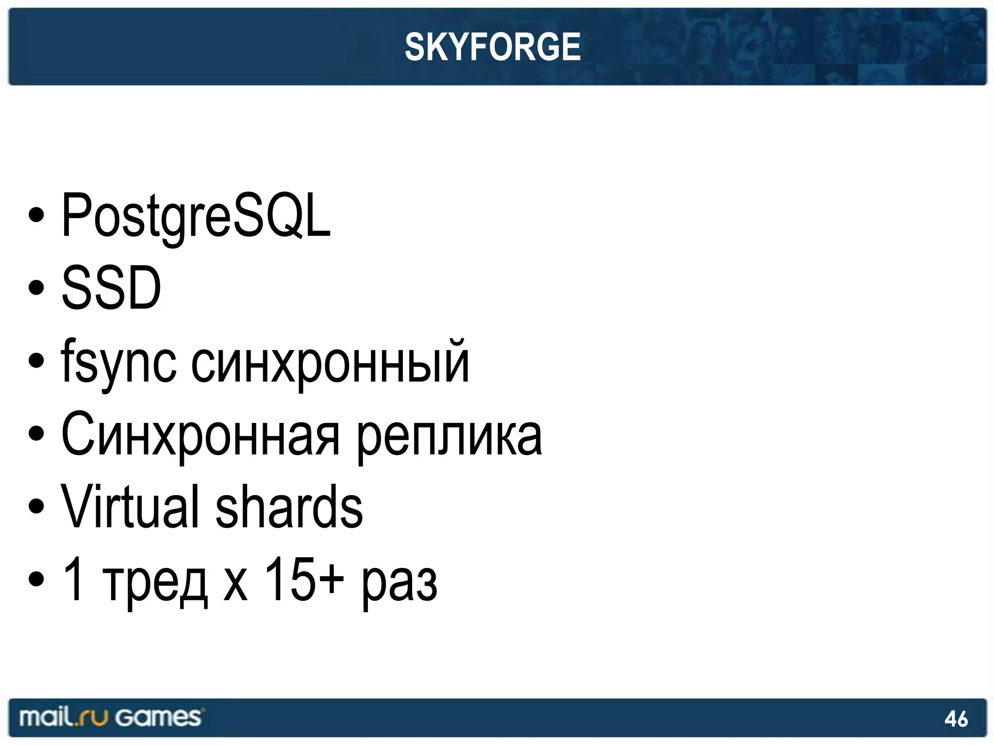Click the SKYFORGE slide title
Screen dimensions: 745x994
(x=493, y=47)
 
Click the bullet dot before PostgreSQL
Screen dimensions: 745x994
(x=36, y=216)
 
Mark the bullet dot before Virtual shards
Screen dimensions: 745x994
(x=36, y=506)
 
